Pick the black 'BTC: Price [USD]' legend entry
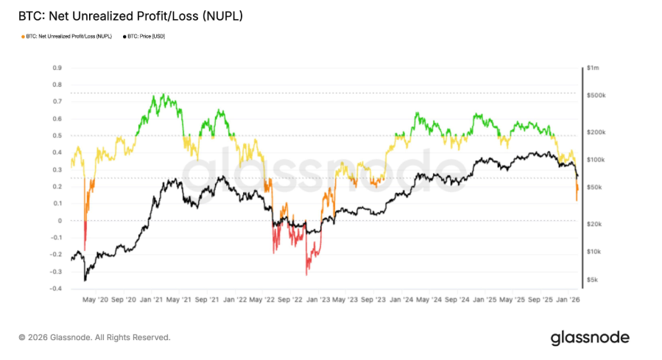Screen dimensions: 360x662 pyautogui.click(x=145, y=36)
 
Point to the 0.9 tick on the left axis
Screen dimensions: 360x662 pyautogui.click(x=56, y=68)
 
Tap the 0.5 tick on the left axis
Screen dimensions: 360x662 pyautogui.click(x=56, y=135)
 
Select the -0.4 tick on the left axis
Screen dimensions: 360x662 pyautogui.click(x=54, y=289)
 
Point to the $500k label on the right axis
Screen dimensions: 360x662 pyautogui.click(x=595, y=96)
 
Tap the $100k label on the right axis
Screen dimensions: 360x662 pyautogui.click(x=595, y=160)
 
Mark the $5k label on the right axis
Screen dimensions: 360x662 pyautogui.click(x=592, y=280)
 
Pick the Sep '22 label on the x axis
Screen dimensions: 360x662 pyautogui.click(x=287, y=300)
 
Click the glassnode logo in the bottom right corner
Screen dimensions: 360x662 pyautogui.click(x=590, y=337)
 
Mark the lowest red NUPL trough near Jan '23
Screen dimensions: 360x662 pyautogui.click(x=306, y=274)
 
